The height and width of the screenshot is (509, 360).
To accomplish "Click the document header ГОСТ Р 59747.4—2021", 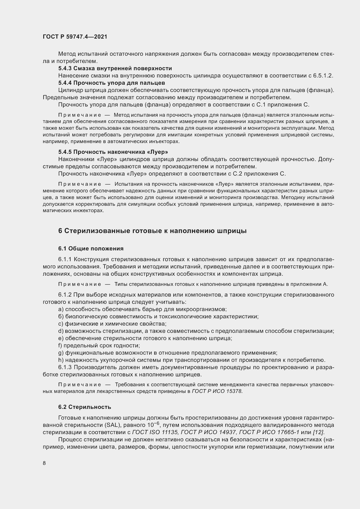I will (75, 37).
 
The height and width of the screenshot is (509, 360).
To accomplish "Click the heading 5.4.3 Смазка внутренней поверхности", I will (115, 68).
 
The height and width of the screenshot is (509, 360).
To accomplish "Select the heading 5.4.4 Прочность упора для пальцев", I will (111, 83).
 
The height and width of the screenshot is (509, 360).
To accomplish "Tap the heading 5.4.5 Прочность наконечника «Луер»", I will (113, 152).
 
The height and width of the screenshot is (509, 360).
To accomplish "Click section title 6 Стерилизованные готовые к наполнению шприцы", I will (152, 231).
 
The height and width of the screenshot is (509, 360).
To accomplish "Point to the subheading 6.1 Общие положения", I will (91, 248).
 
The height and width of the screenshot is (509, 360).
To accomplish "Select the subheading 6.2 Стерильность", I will (84, 407).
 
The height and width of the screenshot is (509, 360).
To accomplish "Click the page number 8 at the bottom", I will (44, 463).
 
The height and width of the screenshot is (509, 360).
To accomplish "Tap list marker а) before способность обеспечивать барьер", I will (61, 309).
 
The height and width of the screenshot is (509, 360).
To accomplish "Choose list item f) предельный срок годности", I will (99, 346).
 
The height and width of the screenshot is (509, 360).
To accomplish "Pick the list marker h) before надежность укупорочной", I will (61, 360).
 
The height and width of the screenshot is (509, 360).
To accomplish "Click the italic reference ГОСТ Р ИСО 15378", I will (217, 391).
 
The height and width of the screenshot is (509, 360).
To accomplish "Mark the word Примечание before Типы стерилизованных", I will (80, 284).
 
